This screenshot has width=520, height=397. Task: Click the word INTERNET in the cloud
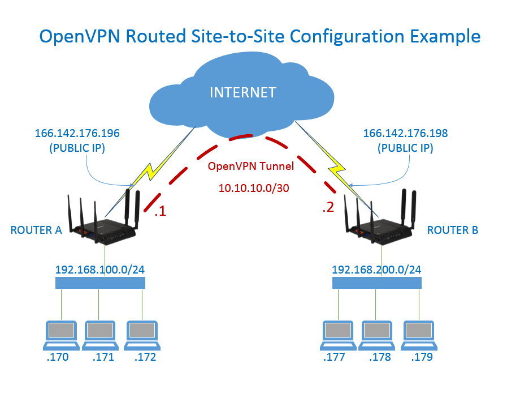click(243, 92)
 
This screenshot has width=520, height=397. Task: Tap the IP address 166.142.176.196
click(77, 134)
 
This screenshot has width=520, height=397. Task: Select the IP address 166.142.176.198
click(405, 134)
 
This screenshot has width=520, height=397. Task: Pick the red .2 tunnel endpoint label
click(328, 208)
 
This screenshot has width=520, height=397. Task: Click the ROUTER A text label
click(36, 230)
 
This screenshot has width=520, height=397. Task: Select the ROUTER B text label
click(453, 230)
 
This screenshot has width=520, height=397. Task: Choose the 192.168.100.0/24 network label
click(99, 269)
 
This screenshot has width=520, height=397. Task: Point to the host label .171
click(103, 357)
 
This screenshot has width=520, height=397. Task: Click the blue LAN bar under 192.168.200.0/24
click(376, 283)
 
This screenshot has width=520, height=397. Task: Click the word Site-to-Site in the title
click(230, 37)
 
